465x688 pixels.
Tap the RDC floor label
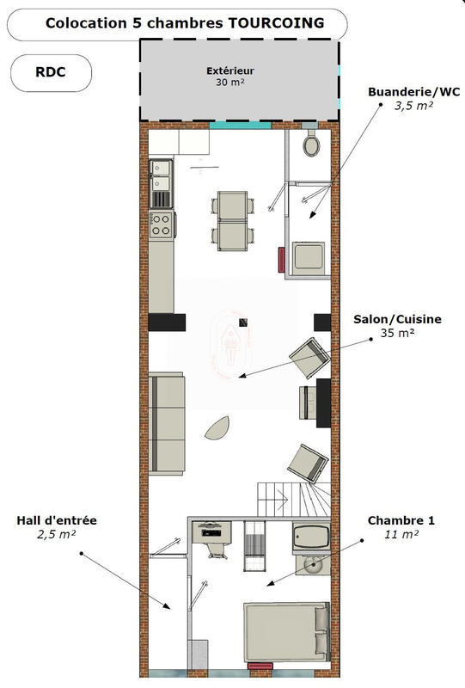[50, 73]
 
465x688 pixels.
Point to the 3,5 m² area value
[413, 106]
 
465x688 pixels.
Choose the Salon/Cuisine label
[397, 319]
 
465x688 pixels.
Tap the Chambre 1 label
[401, 520]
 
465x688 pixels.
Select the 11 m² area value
[401, 534]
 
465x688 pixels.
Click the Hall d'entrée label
[57, 520]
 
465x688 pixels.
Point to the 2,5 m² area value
[57, 534]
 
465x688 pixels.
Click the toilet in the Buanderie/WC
[312, 145]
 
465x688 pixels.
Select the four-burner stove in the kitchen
[161, 224]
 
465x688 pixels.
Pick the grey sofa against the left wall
[167, 424]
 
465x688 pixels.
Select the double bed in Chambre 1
[287, 632]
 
